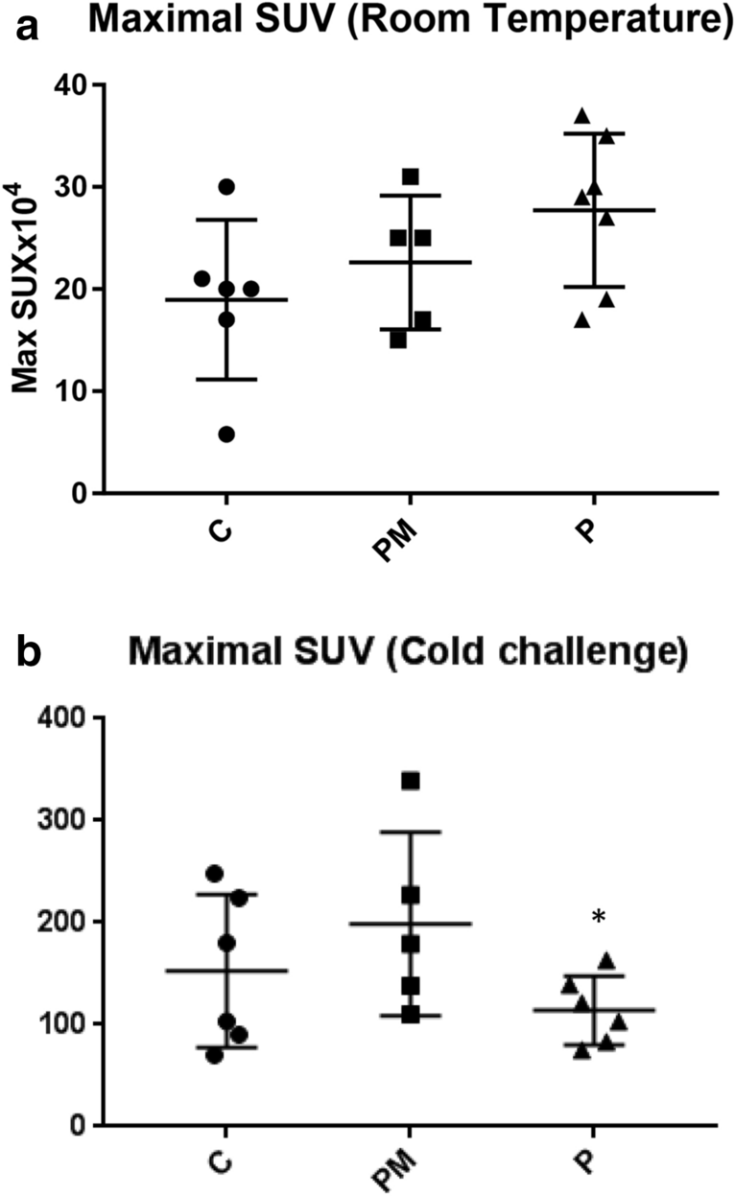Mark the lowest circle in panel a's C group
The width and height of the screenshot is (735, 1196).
coord(226,434)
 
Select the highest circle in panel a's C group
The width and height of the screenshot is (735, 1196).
coord(226,186)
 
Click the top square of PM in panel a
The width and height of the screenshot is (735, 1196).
coord(410,176)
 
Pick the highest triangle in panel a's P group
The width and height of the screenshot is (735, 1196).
coord(581,116)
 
